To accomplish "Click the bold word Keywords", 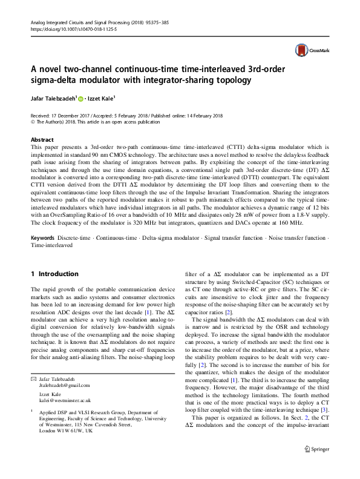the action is (45, 238).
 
